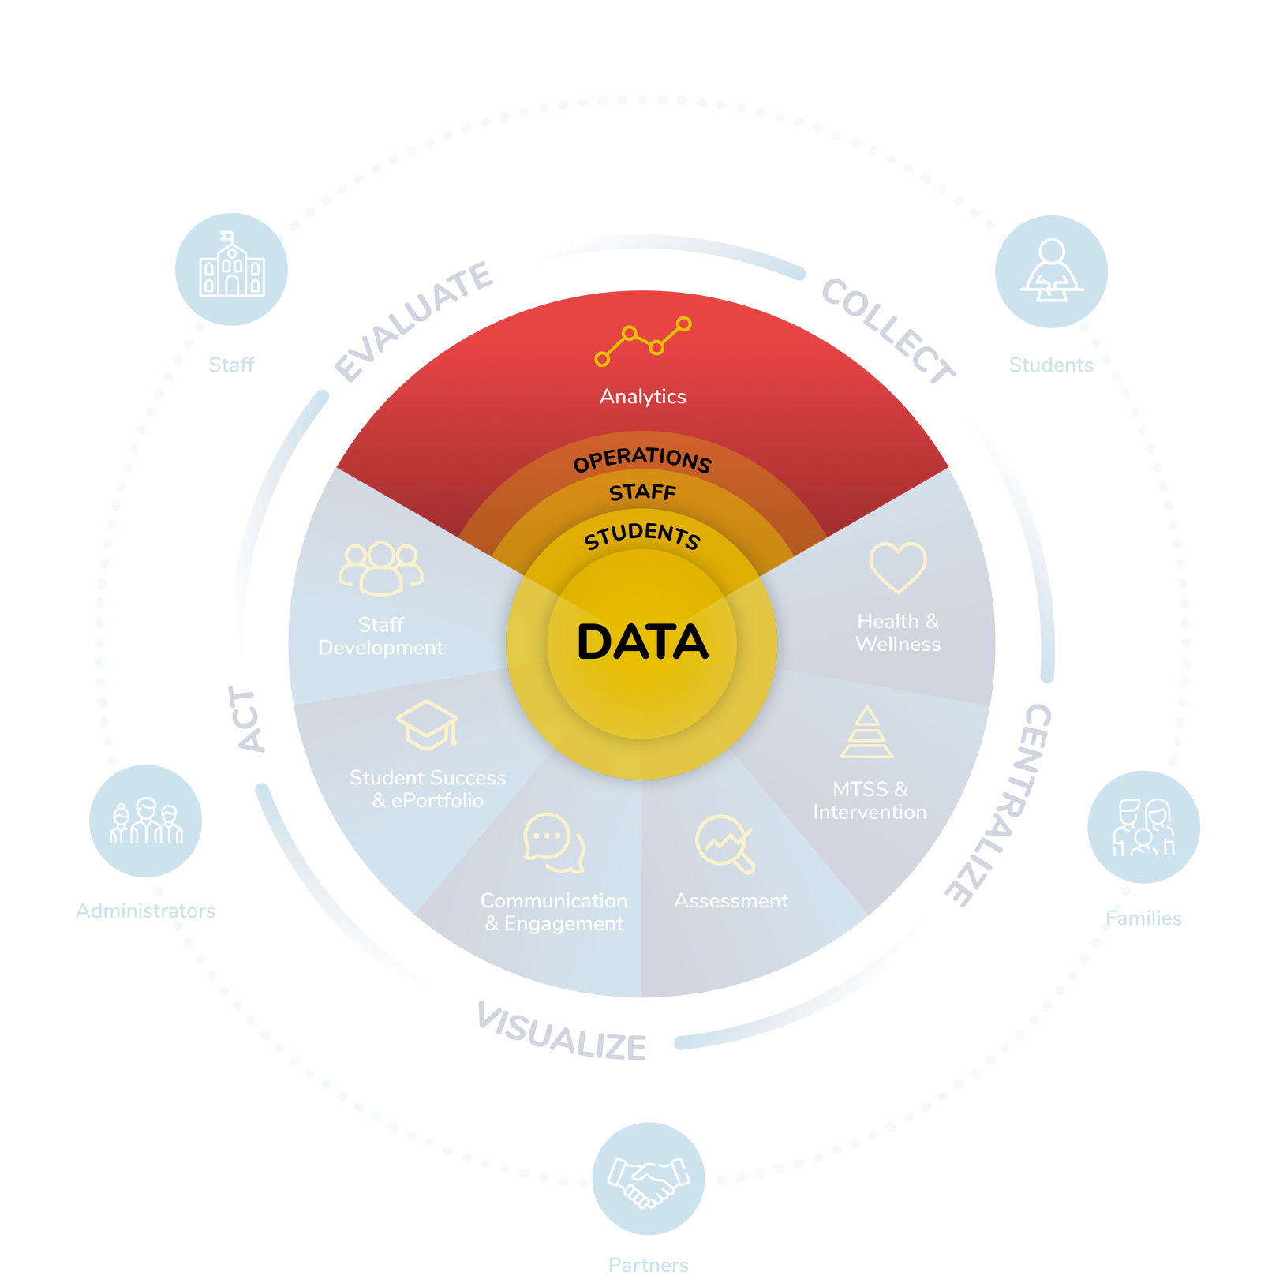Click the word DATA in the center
coord(642,642)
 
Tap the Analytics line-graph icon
coord(642,341)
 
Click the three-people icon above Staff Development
coord(381,567)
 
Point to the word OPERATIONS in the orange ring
coord(642,459)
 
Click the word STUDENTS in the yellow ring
coord(642,535)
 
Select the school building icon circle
coord(231,268)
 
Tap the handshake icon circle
coord(649,1179)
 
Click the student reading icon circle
coord(1051,271)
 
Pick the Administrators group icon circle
coord(146,821)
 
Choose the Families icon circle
coord(1143,827)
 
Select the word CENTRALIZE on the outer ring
coord(1002,805)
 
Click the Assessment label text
coord(731,900)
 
